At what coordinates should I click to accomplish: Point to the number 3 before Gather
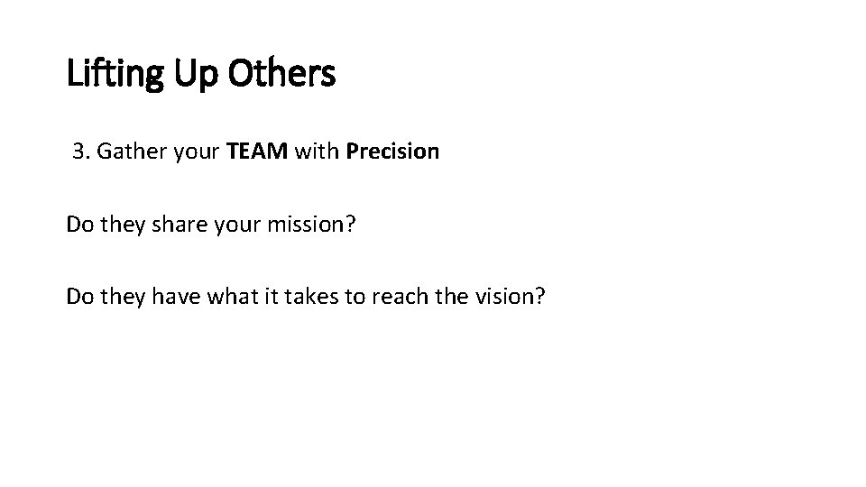coord(78,152)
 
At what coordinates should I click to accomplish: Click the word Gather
coord(125,152)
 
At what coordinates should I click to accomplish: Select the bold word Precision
coord(392,152)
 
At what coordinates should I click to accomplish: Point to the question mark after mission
coord(351,224)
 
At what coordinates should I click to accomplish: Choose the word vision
coord(497,297)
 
